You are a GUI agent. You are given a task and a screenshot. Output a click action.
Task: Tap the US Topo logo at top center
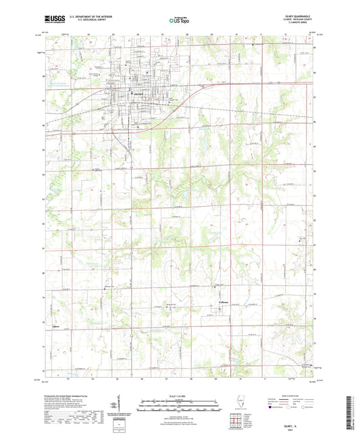tap(178, 20)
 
